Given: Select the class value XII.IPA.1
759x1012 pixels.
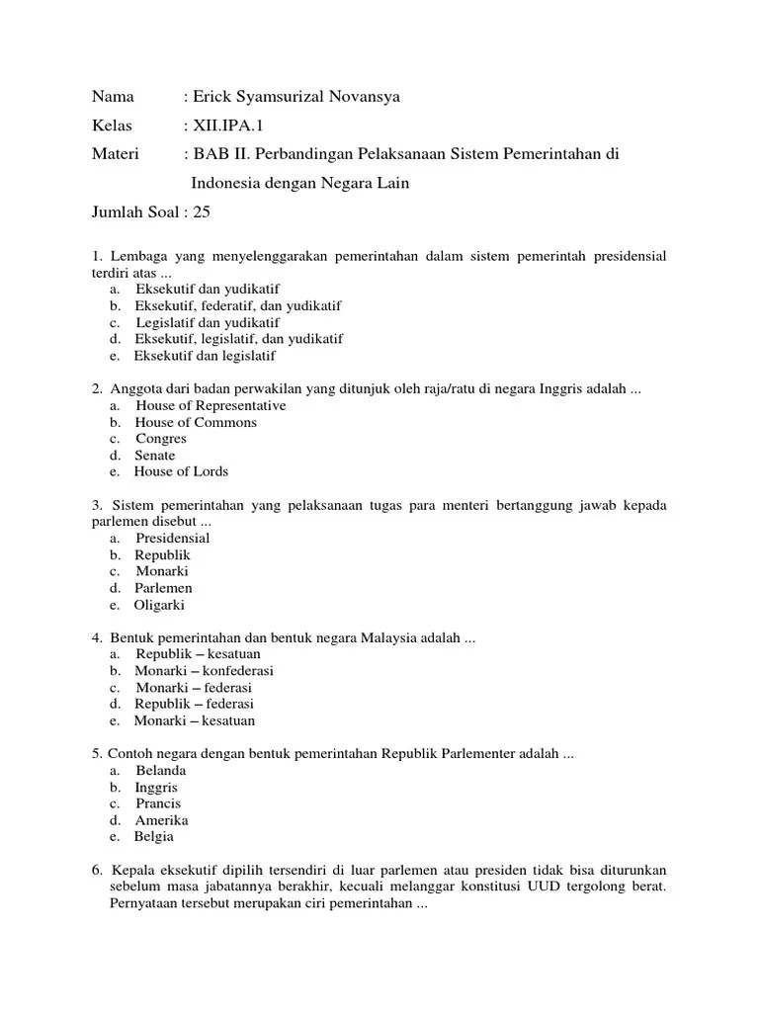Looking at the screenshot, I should coord(228,126).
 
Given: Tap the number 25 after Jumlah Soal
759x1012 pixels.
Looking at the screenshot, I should coord(202,211).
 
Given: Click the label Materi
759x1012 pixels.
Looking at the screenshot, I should coord(116,154).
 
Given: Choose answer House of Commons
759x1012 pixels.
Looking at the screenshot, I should coord(196,422).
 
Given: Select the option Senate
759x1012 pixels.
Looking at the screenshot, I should coord(155,456).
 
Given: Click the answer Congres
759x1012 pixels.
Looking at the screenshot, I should coord(161,439).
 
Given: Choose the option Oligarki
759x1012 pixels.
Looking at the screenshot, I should coord(160,605).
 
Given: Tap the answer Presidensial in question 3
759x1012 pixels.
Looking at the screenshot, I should coord(173,539).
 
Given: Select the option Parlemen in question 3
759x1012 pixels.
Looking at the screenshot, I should coord(164,588).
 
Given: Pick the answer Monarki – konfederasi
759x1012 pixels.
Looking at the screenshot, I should coord(205,671).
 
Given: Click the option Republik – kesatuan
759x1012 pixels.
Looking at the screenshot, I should coord(195,654).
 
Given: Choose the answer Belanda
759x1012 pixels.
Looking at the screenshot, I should coord(161,770).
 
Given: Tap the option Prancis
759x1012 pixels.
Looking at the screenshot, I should coord(158,803).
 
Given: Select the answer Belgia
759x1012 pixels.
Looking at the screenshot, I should coord(154,836).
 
